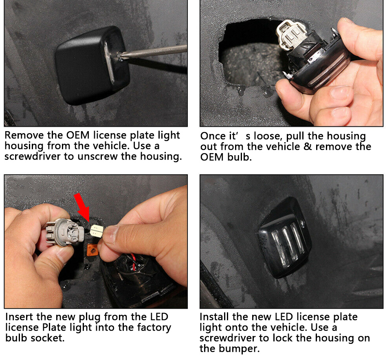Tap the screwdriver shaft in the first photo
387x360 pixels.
tap(153, 51)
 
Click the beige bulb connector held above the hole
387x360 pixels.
tap(291, 33)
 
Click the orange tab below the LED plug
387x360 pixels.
tap(92, 250)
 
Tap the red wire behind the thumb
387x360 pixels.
tap(134, 262)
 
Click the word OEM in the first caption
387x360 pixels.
tap(78, 135)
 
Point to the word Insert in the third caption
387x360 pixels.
tap(19, 316)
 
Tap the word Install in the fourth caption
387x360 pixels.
tap(214, 316)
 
